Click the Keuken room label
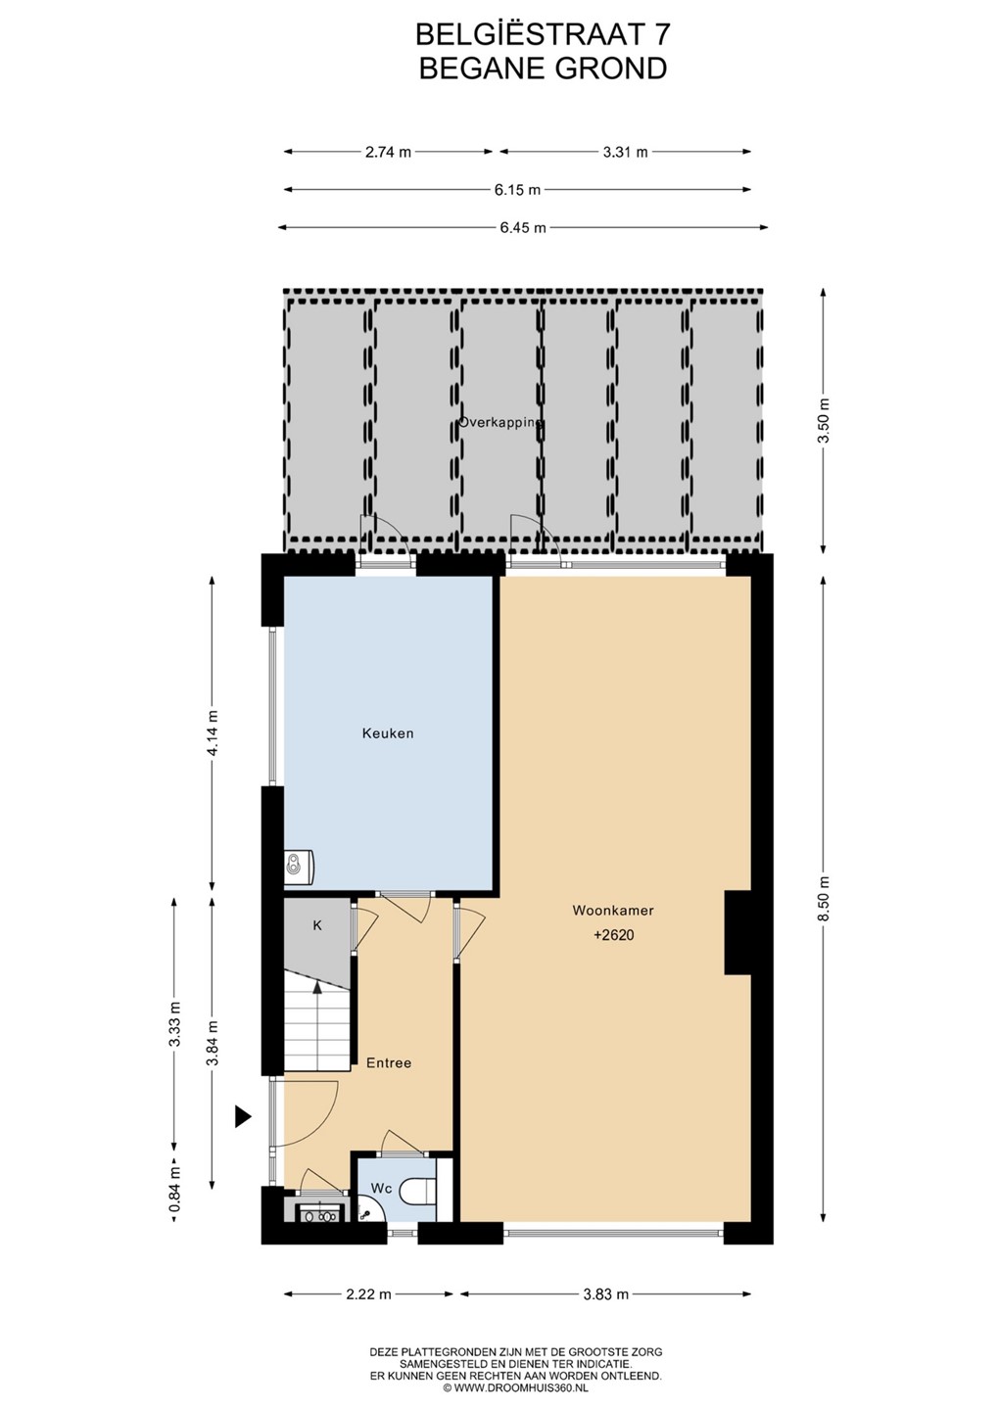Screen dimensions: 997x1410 pos(388,733)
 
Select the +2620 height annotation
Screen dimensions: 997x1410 pos(614,935)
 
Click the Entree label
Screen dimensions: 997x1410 pos(389,1063)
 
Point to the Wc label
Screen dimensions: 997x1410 pos(381,1189)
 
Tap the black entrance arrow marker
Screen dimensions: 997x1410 pos(243,1117)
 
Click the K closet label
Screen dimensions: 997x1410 pos(317,926)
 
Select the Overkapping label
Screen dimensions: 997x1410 pos(500,422)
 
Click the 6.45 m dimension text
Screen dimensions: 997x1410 pos(523,228)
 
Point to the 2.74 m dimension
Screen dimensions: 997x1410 pos(389,152)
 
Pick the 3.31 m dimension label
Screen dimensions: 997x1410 pos(625,152)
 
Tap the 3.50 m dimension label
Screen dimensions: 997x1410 pos(824,420)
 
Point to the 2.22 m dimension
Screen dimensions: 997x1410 pos(368,1294)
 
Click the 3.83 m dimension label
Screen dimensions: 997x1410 pos(605,1294)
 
